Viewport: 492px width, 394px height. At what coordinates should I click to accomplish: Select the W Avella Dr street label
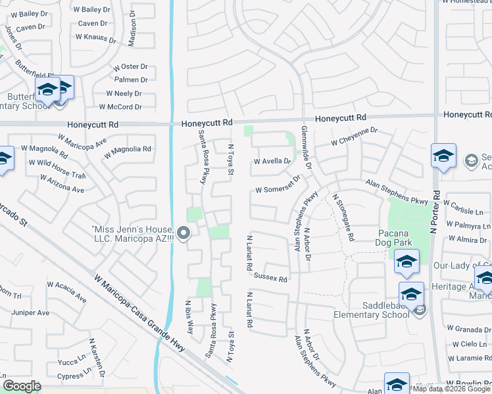[272, 161]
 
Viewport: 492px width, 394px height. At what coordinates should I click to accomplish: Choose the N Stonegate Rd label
[344, 217]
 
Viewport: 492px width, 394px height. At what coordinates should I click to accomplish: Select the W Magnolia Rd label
[128, 149]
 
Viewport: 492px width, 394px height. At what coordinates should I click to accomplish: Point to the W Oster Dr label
[130, 67]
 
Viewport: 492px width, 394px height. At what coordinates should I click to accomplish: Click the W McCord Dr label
[120, 107]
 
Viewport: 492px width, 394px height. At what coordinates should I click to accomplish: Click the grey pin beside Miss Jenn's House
[184, 232]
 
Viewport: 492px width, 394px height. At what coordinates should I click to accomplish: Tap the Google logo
[22, 385]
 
